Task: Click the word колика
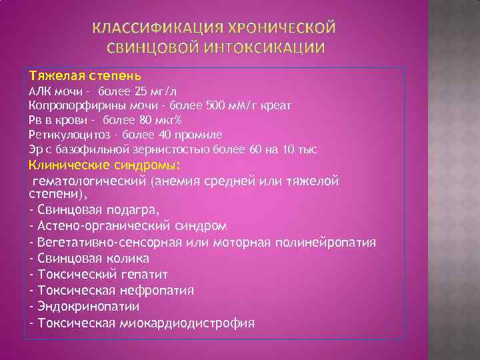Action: pyautogui.click(x=126, y=257)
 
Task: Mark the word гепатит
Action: pyautogui.click(x=143, y=274)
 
